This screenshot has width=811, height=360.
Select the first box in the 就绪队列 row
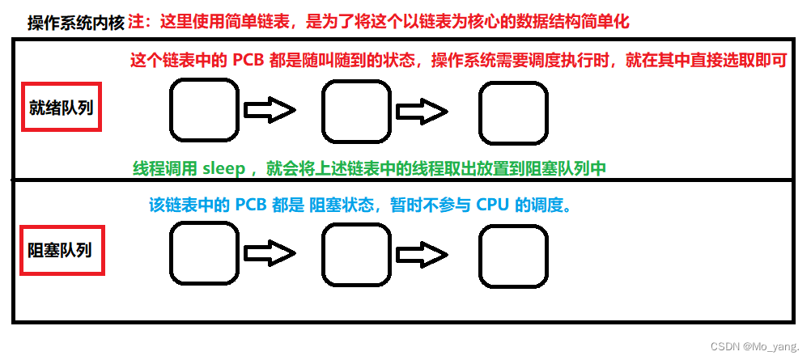pyautogui.click(x=205, y=111)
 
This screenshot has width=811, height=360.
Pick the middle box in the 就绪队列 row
pyautogui.click(x=356, y=111)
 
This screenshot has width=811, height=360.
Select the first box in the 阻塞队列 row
pyautogui.click(x=205, y=254)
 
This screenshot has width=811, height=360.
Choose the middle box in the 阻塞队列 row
pyautogui.click(x=356, y=254)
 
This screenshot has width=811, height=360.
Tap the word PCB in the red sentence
pyautogui.click(x=262, y=61)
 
